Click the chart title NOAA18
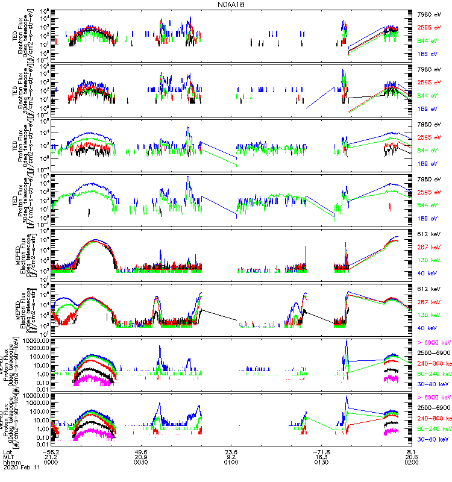[x=232, y=5]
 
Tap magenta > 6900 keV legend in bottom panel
[x=433, y=398]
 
